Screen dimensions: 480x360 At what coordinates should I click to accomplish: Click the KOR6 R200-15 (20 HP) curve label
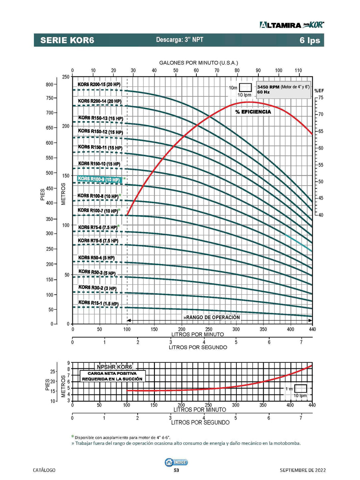pyautogui.click(x=99, y=84)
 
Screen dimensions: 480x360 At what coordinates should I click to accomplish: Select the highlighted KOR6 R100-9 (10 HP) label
pyautogui.click(x=99, y=180)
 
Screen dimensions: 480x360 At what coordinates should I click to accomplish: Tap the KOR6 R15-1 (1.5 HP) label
pyautogui.click(x=98, y=304)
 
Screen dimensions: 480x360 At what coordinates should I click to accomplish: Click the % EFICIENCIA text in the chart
pyautogui.click(x=253, y=112)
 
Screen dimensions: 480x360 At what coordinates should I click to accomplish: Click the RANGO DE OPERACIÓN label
pyautogui.click(x=212, y=317)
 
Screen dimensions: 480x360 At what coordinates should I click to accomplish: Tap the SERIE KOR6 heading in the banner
pyautogui.click(x=67, y=40)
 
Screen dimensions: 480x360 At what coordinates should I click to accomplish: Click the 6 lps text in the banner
pyautogui.click(x=310, y=40)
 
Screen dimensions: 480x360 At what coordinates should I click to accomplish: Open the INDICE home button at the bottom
pyautogui.click(x=176, y=462)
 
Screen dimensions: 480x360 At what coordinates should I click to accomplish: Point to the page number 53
pyautogui.click(x=176, y=470)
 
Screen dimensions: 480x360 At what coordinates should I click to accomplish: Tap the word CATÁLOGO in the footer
pyautogui.click(x=44, y=470)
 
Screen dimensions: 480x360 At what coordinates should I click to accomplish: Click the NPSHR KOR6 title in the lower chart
pyautogui.click(x=114, y=366)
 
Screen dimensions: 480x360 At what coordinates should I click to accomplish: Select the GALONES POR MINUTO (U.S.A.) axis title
pyautogui.click(x=198, y=63)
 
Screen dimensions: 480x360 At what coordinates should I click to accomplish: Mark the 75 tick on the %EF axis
pyautogui.click(x=321, y=98)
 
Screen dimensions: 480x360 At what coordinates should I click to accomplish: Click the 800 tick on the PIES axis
pyautogui.click(x=49, y=85)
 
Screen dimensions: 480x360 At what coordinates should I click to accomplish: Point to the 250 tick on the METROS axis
pyautogui.click(x=65, y=77)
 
